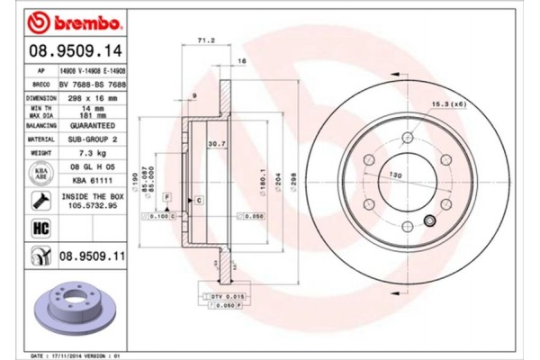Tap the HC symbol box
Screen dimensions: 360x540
pos(40,229)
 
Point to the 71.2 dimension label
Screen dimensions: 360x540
pos(205,40)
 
